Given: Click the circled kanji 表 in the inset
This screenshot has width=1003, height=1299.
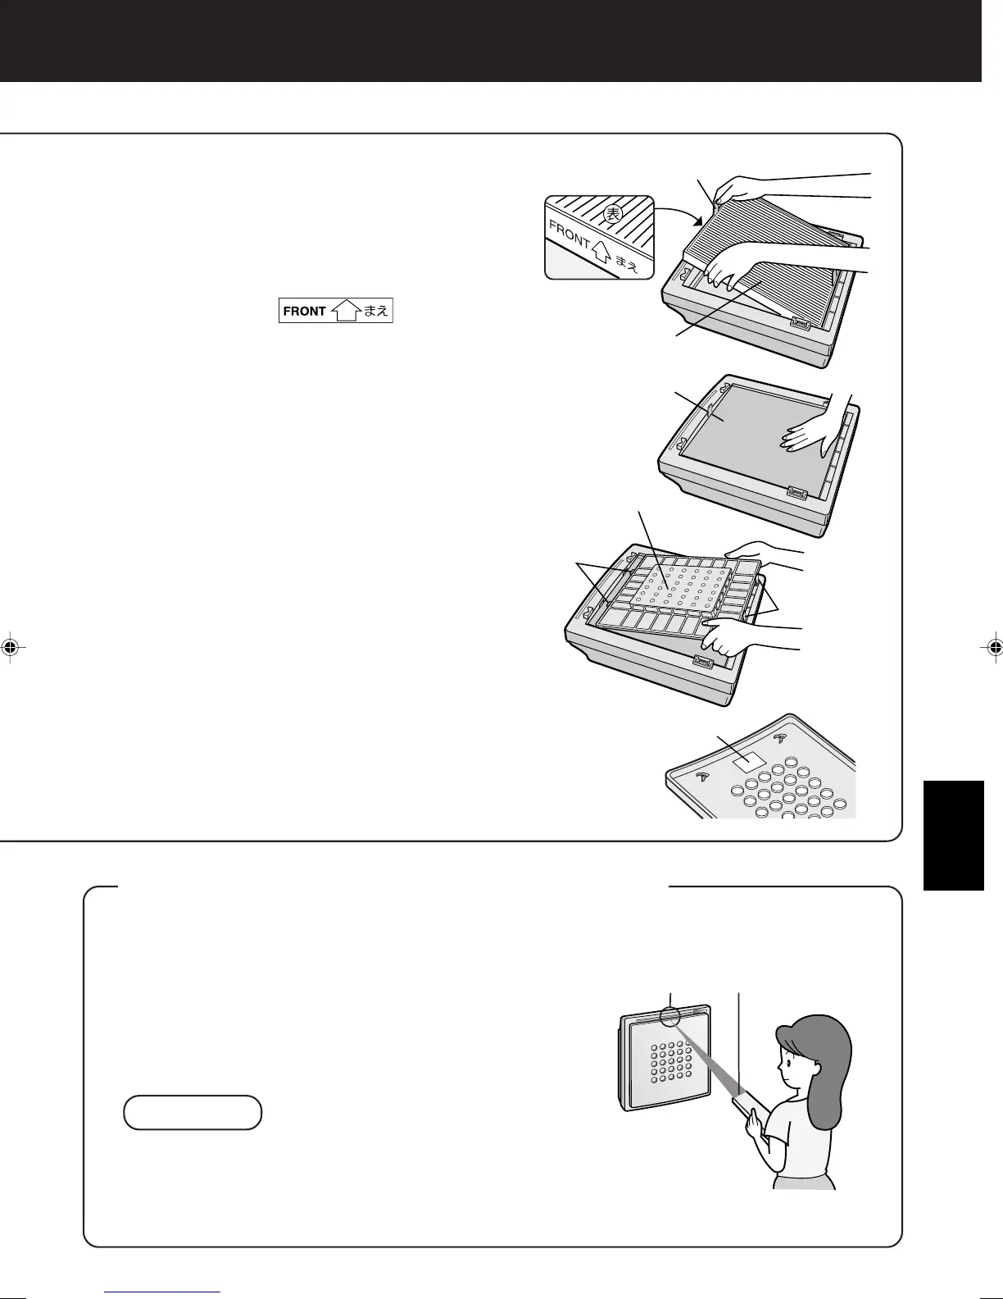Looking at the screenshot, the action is [x=613, y=214].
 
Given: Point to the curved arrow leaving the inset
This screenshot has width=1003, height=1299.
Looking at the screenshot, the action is [x=678, y=212].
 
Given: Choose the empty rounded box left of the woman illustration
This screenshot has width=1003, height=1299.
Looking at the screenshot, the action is [x=193, y=1112].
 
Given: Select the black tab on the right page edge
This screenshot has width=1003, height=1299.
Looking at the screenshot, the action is [x=953, y=835].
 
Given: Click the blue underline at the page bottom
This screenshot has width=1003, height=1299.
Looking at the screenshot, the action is [x=163, y=1292].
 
